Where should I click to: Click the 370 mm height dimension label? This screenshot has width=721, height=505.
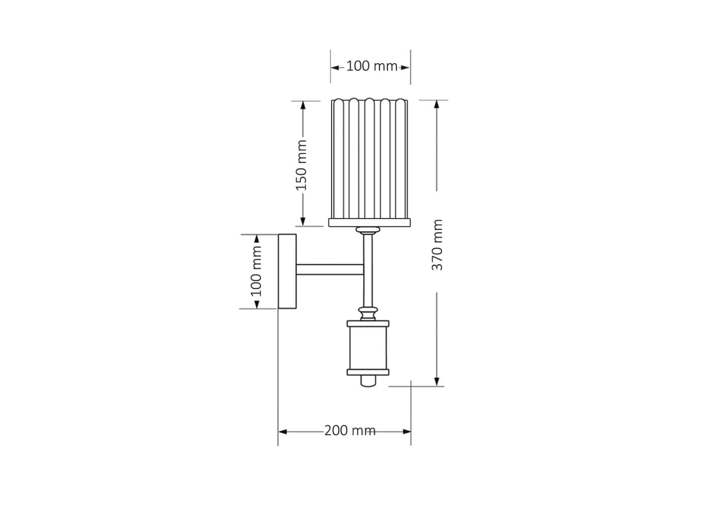[x=437, y=245]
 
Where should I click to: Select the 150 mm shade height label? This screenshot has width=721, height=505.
[x=301, y=165]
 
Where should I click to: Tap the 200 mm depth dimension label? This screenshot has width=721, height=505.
[x=350, y=431]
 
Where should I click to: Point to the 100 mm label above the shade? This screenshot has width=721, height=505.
[x=372, y=66]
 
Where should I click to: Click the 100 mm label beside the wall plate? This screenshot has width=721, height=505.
[x=256, y=271]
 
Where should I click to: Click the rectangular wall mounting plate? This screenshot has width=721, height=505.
[x=287, y=271]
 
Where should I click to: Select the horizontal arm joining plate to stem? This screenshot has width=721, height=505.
[x=329, y=270]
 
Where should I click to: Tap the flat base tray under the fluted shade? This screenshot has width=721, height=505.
[x=369, y=223]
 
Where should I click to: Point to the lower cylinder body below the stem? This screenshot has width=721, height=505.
[x=368, y=348]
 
